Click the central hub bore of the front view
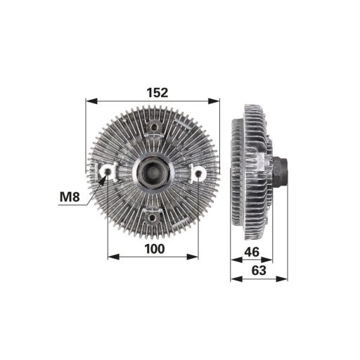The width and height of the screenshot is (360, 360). click(x=152, y=171)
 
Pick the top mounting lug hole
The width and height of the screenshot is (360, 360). click(x=153, y=127)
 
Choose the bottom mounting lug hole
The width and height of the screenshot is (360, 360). click(x=153, y=216)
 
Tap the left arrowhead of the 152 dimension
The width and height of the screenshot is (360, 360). click(x=89, y=101)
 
